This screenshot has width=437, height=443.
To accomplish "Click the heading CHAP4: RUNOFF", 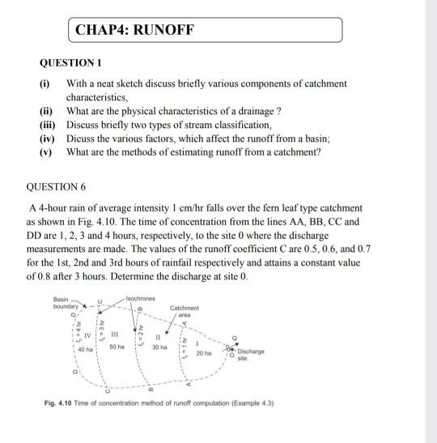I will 134,32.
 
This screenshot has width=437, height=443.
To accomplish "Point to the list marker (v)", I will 49,151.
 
